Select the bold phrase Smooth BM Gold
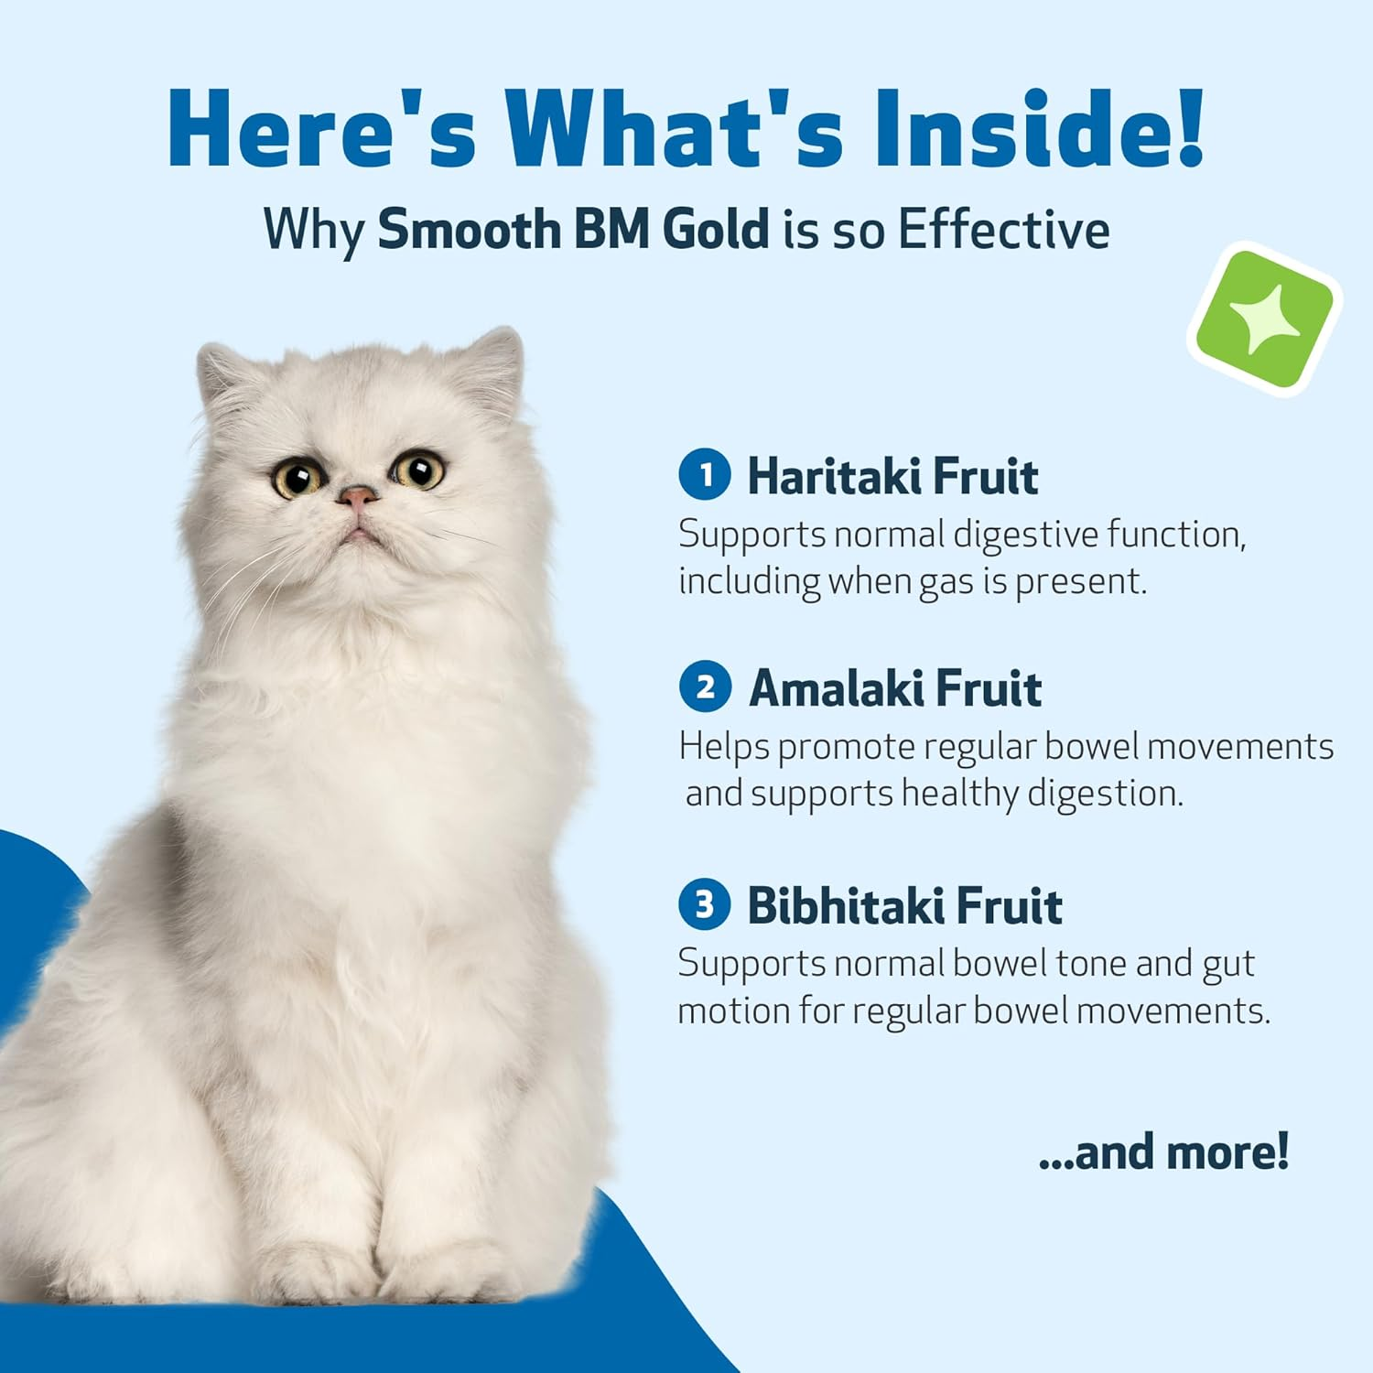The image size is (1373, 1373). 574,229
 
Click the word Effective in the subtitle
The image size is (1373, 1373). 1003,229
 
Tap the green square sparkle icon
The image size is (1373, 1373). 1265,319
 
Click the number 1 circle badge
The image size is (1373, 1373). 704,474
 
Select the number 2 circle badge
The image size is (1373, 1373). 704,686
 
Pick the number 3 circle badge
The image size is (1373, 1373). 704,904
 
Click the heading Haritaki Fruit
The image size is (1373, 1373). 892,476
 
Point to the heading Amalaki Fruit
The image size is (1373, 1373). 895,688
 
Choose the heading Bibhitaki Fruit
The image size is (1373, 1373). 904,906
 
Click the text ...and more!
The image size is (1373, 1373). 1163,1151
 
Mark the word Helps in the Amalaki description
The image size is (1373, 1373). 724,747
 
